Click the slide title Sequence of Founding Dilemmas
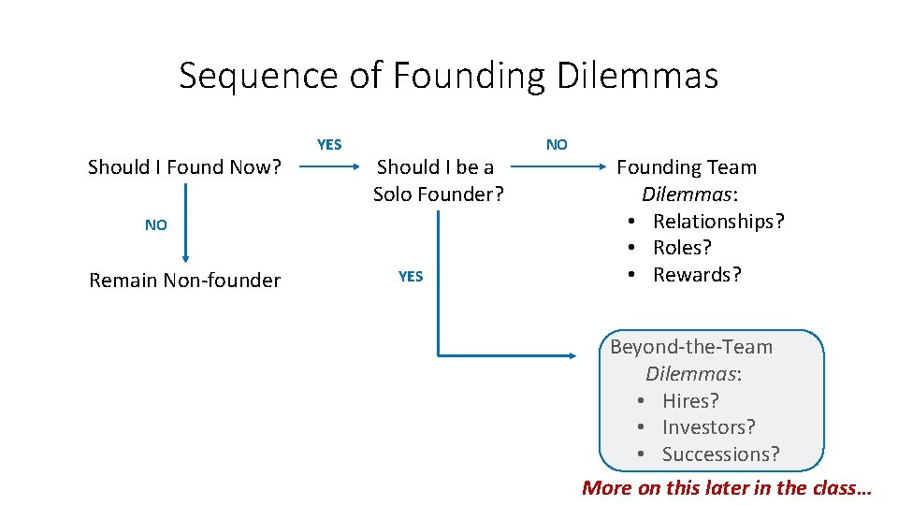448,75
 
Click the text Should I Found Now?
184,167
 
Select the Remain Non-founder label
184,281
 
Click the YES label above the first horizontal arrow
329,145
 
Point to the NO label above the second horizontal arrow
557,145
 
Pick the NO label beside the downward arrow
156,225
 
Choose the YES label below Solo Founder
411,277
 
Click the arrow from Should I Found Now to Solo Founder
329,168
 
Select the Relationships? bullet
717,222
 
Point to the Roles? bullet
681,248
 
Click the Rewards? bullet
696,275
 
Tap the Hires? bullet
689,401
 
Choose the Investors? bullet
708,427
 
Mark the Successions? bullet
719,454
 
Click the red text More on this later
727,487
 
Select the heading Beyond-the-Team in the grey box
691,347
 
